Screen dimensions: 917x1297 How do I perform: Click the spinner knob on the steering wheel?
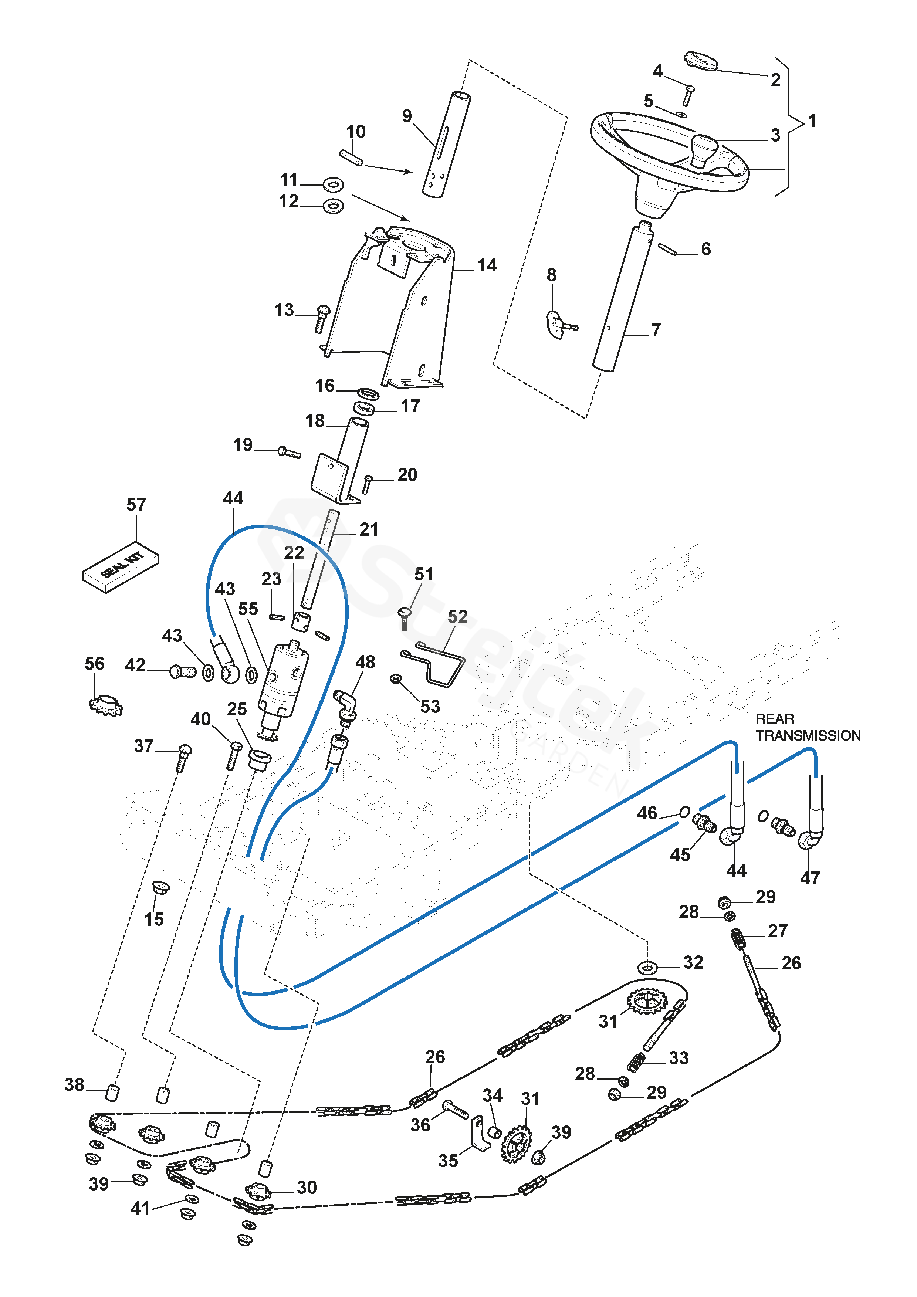704,150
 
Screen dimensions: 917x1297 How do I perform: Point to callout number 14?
487,265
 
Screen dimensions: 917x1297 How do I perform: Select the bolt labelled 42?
183,672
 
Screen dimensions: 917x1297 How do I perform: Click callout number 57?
136,504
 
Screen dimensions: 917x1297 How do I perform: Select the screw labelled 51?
405,619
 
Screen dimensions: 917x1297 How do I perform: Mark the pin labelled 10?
351,157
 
